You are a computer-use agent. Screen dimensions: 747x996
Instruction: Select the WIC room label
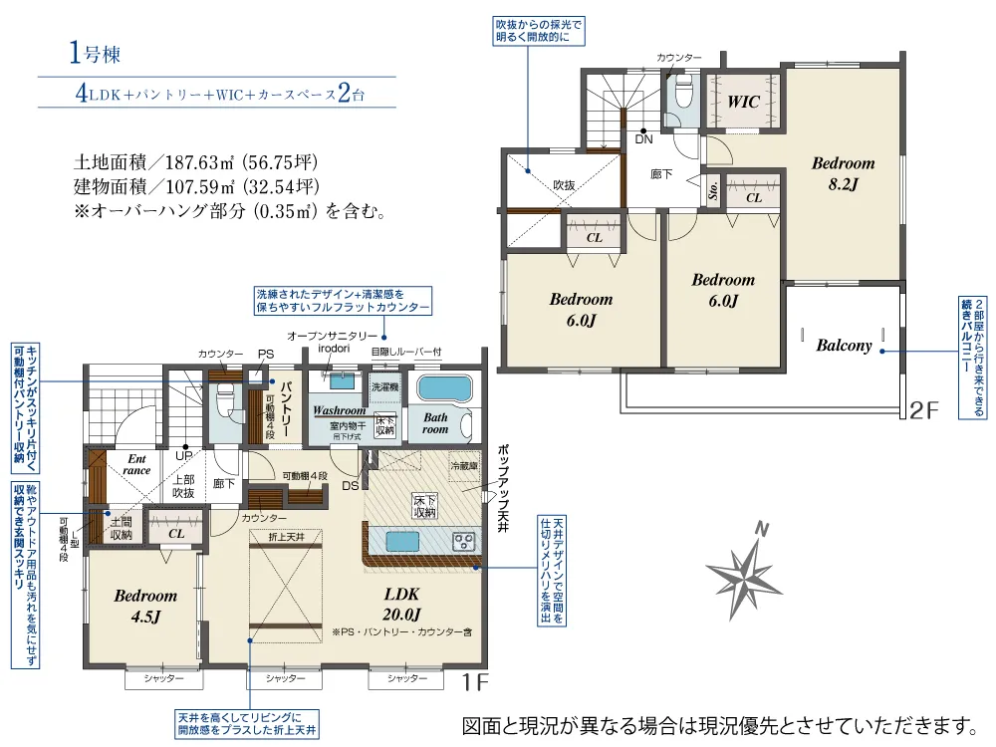click(x=743, y=102)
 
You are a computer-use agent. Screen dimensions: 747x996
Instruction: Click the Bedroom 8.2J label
click(x=842, y=173)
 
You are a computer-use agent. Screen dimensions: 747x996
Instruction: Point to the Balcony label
click(x=844, y=346)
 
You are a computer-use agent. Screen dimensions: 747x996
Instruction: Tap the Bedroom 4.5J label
click(x=144, y=606)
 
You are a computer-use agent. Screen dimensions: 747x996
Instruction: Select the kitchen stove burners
click(x=463, y=542)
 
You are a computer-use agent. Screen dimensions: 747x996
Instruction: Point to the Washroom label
click(x=339, y=410)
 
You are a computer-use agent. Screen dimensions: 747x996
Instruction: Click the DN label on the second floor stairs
click(x=643, y=139)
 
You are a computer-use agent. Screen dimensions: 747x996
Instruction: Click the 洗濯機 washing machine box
click(x=384, y=385)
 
